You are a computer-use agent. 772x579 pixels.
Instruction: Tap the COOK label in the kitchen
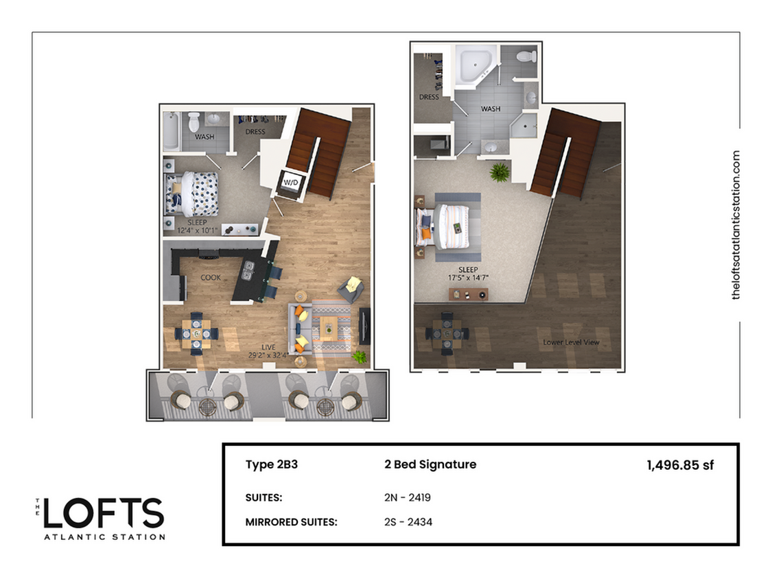click(210, 278)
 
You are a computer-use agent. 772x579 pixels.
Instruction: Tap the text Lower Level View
click(575, 342)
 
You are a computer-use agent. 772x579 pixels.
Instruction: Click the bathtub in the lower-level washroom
click(172, 131)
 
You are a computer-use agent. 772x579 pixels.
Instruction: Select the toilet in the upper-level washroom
click(526, 56)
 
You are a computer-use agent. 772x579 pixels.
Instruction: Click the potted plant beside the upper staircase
click(499, 172)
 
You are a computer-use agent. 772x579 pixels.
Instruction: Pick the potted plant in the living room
click(359, 357)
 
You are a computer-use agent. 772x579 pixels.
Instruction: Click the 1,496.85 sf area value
click(680, 465)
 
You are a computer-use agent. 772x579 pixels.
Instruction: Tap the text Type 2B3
click(271, 464)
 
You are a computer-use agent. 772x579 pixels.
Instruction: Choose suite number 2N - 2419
click(408, 497)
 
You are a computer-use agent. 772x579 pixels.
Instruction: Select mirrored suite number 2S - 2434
click(408, 522)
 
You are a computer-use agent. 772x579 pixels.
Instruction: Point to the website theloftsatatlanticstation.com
click(737, 225)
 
